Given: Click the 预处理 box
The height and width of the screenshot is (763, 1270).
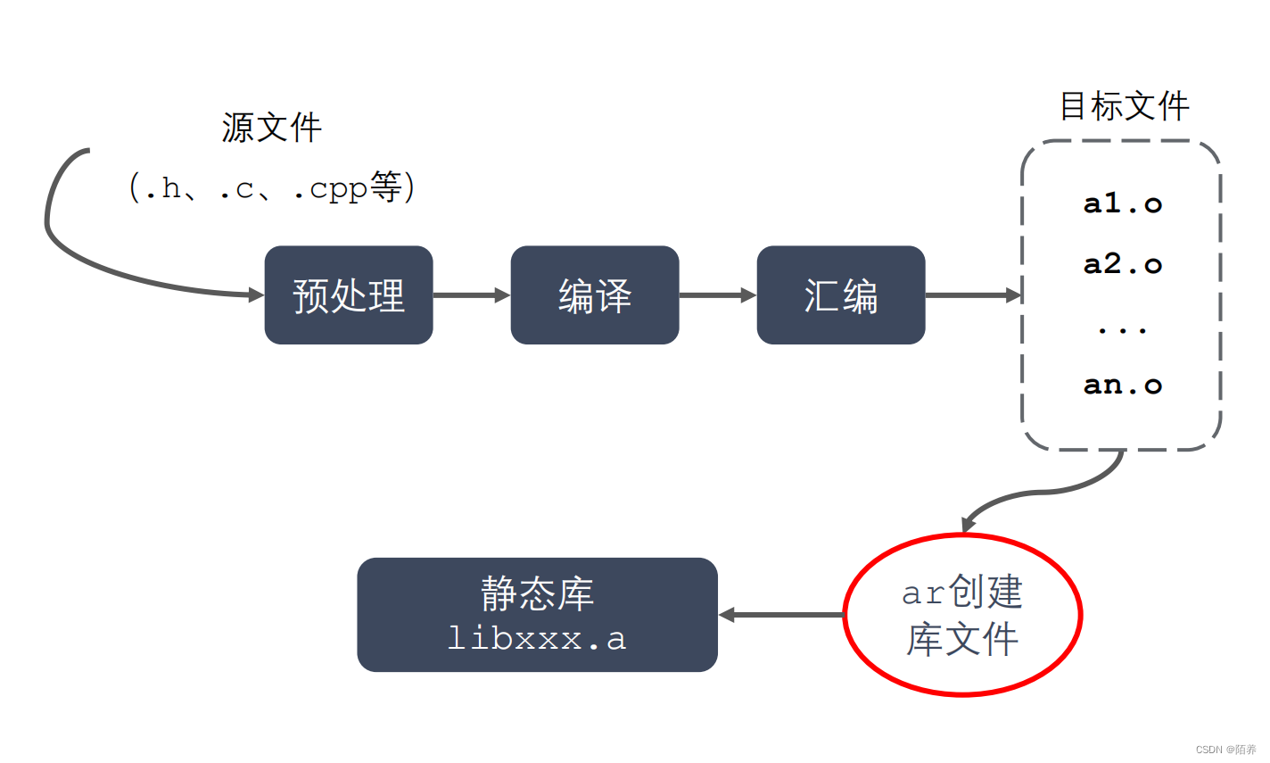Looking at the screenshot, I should (x=349, y=295).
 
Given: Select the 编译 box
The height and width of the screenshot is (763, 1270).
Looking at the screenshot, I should (x=595, y=295).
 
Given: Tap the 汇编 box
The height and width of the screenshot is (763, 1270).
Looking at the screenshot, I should (x=841, y=295).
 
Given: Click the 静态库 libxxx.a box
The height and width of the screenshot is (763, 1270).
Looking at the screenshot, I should (x=537, y=614).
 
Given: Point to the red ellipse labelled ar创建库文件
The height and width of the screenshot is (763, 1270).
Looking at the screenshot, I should (x=962, y=614).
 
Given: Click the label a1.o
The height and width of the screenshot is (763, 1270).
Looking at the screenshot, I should (x=1122, y=204).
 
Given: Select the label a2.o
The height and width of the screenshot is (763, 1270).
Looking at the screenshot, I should (x=1122, y=264).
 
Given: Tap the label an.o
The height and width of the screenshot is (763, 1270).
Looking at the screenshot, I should (x=1122, y=386).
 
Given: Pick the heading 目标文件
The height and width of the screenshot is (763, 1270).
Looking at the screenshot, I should (x=1124, y=107).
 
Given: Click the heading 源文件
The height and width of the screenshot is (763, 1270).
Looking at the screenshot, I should (x=271, y=128).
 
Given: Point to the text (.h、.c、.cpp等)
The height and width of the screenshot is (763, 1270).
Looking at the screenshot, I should (x=272, y=188).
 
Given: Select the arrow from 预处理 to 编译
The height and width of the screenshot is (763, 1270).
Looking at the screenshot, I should (x=471, y=295).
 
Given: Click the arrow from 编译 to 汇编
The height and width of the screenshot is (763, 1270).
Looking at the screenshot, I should (x=717, y=295).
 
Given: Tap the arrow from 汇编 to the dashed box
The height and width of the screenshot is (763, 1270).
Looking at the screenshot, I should (x=972, y=295).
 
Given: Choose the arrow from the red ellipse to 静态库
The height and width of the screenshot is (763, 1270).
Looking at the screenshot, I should (x=780, y=614).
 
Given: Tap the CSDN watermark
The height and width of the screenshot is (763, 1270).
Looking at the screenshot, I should (x=1225, y=750).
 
